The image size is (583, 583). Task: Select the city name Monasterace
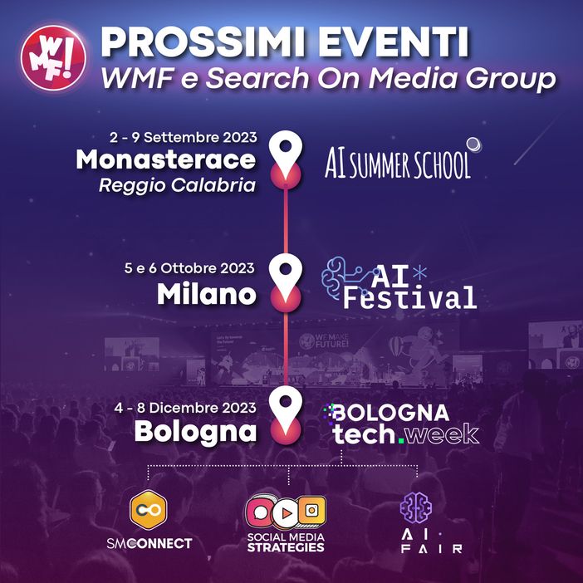click(166, 160)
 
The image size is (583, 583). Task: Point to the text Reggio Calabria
click(177, 184)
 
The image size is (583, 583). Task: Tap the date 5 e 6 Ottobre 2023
click(189, 269)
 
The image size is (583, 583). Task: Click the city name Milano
click(206, 294)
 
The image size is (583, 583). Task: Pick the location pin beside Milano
click(287, 277)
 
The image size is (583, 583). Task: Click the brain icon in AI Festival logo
click(341, 273)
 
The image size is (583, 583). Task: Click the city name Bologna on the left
click(195, 432)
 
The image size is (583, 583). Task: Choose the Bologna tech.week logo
click(404, 423)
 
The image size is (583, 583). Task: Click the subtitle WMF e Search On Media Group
click(326, 80)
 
